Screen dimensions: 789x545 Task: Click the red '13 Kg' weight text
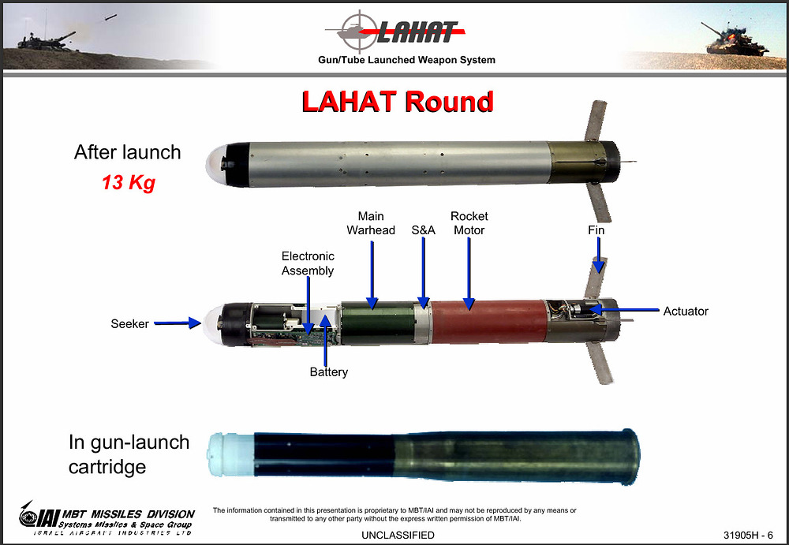pyautogui.click(x=129, y=182)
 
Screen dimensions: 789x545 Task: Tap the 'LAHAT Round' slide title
pyautogui.click(x=398, y=102)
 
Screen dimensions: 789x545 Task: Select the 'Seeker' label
pyautogui.click(x=130, y=323)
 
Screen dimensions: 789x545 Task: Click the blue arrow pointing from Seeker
pyautogui.click(x=177, y=323)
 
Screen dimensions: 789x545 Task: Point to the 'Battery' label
pyautogui.click(x=328, y=372)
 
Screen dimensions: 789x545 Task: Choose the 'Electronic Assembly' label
pyautogui.click(x=308, y=263)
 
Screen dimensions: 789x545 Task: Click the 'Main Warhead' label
pyautogui.click(x=371, y=223)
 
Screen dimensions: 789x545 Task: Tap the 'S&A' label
pyautogui.click(x=423, y=230)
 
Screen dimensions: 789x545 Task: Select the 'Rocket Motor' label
pyautogui.click(x=469, y=223)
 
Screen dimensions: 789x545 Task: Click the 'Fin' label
pyautogui.click(x=596, y=230)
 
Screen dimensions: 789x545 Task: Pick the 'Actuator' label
pyautogui.click(x=686, y=311)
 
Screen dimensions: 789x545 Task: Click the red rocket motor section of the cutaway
pyautogui.click(x=489, y=322)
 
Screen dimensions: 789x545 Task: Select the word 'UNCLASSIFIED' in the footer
pyautogui.click(x=398, y=535)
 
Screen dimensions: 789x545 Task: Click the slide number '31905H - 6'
pyautogui.click(x=748, y=535)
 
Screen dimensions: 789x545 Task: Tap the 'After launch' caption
pyautogui.click(x=127, y=152)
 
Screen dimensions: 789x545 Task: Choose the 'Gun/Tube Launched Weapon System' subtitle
pyautogui.click(x=406, y=60)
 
